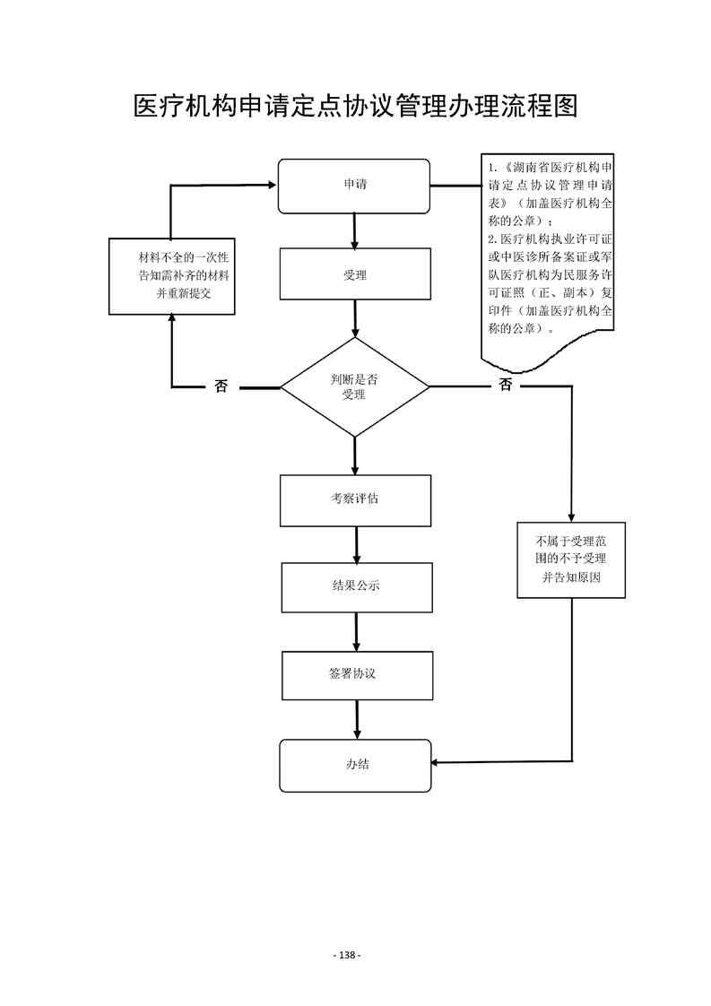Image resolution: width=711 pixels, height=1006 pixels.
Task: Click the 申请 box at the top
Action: coord(354,186)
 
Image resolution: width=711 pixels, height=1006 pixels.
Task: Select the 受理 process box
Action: coord(355,274)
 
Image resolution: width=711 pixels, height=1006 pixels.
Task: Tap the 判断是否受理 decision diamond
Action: coord(355,387)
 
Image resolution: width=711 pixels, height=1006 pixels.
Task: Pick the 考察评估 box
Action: coord(355,500)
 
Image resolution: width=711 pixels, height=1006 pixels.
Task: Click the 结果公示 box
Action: coord(356,587)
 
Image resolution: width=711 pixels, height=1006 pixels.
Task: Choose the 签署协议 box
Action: coord(357,675)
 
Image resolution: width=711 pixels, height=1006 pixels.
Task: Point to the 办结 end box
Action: coord(355,766)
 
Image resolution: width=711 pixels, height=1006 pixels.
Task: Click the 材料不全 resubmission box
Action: coord(171,276)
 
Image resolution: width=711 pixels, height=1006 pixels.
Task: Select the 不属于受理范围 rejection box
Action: coord(571,559)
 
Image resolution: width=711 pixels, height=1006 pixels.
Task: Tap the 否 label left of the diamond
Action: coord(221,386)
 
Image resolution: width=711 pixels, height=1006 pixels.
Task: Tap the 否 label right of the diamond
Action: coord(506,386)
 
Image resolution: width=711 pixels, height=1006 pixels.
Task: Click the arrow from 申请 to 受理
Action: coord(355,231)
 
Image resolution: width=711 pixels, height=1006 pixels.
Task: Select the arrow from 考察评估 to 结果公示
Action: coord(356,544)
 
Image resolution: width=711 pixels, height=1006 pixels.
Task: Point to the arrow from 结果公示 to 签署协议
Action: coord(357,631)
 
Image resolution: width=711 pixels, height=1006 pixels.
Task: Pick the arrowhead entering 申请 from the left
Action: coord(272,186)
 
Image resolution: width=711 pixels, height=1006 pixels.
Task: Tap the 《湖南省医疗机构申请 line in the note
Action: coord(551,169)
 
